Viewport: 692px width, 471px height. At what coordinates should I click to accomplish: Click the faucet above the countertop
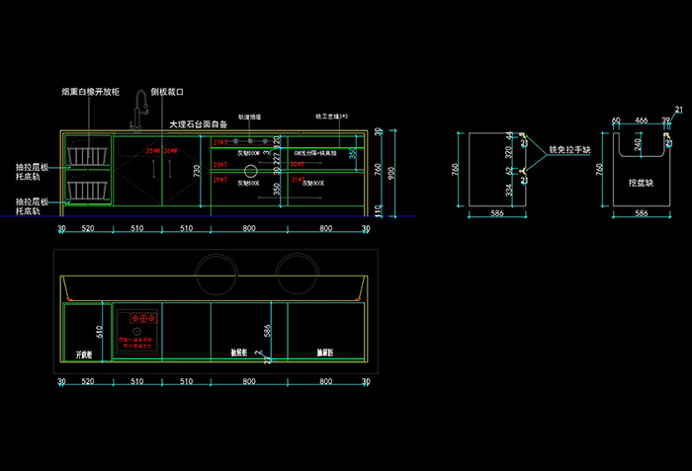(x=139, y=109)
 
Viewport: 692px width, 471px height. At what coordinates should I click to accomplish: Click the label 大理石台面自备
(x=199, y=124)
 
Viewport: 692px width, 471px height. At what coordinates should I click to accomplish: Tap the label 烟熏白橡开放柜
(x=91, y=92)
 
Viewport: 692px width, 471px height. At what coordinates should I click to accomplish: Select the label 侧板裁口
(x=169, y=92)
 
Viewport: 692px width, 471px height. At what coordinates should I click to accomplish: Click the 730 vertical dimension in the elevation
(x=197, y=172)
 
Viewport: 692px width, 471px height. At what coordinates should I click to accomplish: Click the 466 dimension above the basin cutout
(x=642, y=120)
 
